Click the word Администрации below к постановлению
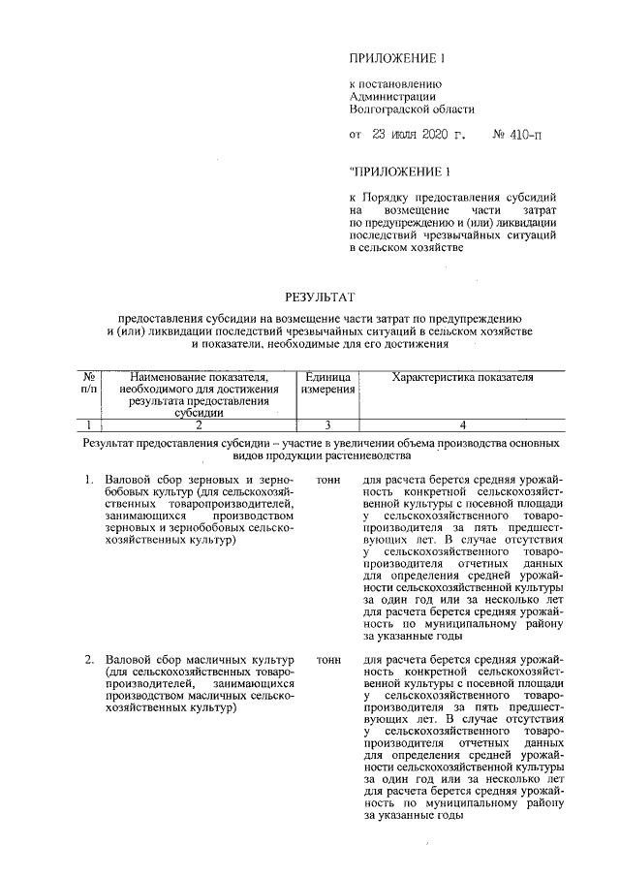tap(391, 97)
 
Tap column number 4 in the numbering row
tap(462, 423)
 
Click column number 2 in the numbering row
tap(198, 423)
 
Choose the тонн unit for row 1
tap(329, 480)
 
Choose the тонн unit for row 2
tap(329, 660)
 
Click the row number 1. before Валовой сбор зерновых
tap(88, 480)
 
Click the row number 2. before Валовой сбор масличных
tap(88, 660)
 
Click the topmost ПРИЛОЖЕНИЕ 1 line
tap(395, 59)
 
